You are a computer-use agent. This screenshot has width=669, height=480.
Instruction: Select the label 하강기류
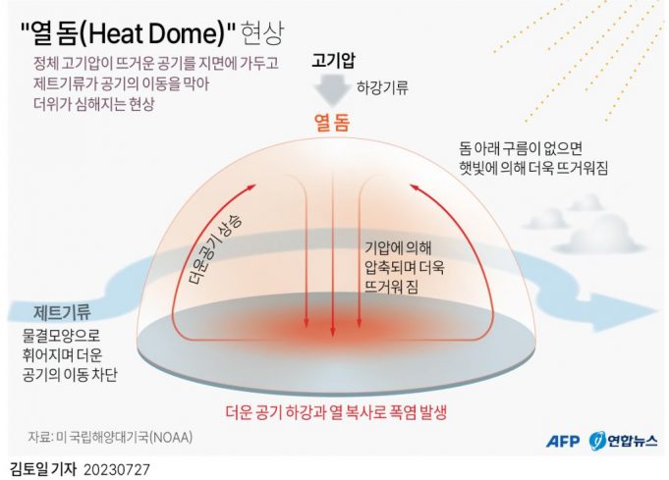(382, 87)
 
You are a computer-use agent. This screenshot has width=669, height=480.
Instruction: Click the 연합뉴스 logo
(624, 441)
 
